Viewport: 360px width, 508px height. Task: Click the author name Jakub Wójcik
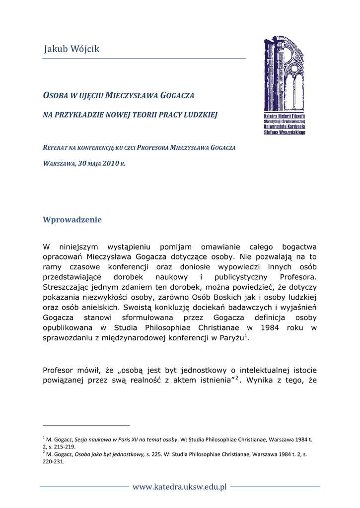tap(72, 49)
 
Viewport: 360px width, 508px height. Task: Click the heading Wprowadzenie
tap(72, 219)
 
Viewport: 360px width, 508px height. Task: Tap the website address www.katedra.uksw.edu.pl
tap(179, 487)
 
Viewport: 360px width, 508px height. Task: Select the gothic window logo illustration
tap(284, 74)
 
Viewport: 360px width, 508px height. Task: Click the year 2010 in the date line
tap(111, 163)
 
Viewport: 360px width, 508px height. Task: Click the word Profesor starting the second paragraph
tap(60, 370)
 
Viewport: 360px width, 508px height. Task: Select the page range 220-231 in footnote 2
tap(54, 460)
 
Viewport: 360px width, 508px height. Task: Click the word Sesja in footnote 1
tap(82, 440)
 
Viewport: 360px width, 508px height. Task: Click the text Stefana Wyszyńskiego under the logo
tap(285, 132)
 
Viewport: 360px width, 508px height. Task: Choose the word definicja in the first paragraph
tap(261, 317)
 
